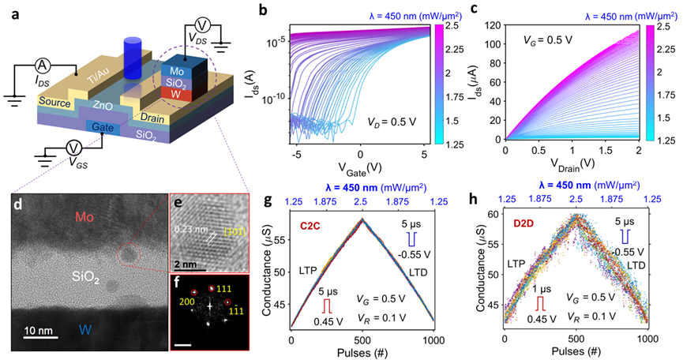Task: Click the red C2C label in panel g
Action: tap(308, 226)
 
